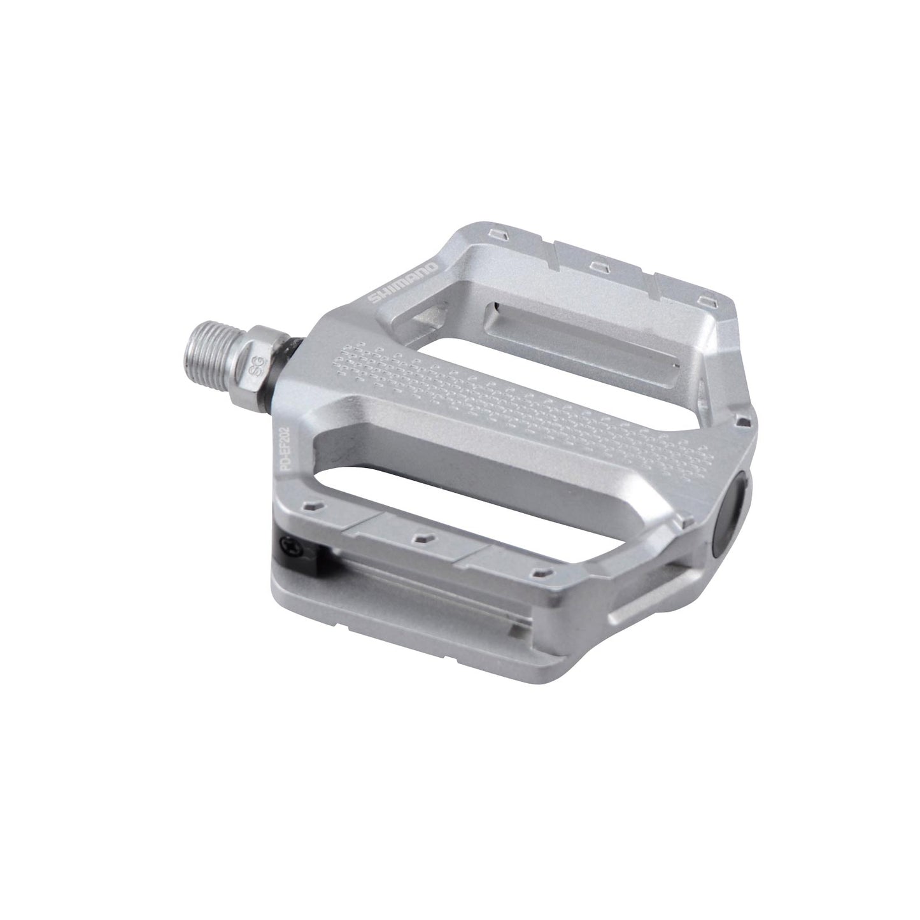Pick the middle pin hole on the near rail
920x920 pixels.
tap(420, 539)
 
